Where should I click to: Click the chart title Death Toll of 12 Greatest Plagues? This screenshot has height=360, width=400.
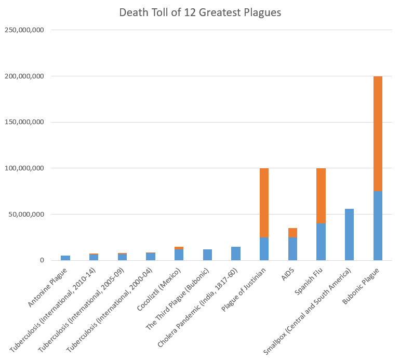click(x=200, y=12)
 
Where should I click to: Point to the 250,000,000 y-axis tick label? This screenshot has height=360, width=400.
click(x=25, y=30)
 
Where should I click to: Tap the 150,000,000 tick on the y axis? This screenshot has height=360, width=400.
click(x=25, y=122)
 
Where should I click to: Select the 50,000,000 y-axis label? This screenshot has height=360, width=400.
click(x=27, y=214)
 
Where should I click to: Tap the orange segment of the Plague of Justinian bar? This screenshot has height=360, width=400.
click(x=264, y=203)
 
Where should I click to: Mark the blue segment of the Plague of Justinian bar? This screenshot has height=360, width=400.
click(x=264, y=249)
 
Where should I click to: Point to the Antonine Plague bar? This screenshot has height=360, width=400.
click(x=65, y=258)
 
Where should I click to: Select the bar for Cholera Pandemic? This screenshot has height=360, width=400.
click(x=236, y=254)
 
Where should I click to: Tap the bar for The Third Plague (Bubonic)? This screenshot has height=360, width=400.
click(x=207, y=255)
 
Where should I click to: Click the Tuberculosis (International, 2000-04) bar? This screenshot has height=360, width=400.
click(x=151, y=256)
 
